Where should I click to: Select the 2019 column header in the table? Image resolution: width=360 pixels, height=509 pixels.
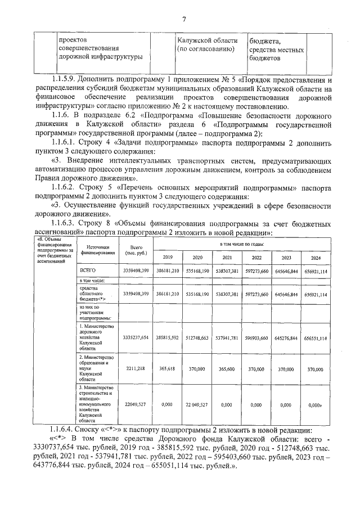(168, 257)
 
